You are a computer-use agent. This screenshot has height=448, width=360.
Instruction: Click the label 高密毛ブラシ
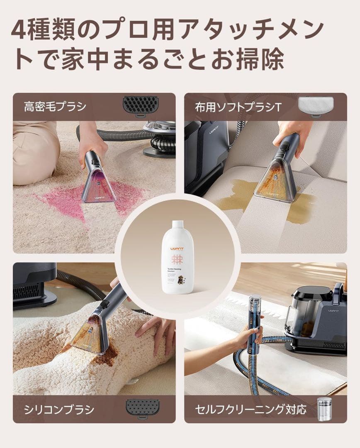coord(55,107)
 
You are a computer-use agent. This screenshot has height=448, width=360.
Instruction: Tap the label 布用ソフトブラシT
coord(238,107)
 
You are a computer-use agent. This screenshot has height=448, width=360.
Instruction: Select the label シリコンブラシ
coord(59,410)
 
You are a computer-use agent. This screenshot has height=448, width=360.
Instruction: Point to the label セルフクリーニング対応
coord(251,410)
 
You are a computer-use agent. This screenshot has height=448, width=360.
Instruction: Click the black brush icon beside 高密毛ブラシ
coord(141,105)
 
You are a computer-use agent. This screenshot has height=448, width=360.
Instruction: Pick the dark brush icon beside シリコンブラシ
coord(142,408)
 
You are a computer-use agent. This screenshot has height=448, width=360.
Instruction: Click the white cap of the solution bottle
coord(178,225)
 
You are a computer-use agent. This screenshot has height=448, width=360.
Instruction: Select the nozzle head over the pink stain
coord(98,187)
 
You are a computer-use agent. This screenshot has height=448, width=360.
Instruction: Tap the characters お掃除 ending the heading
coord(260,61)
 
